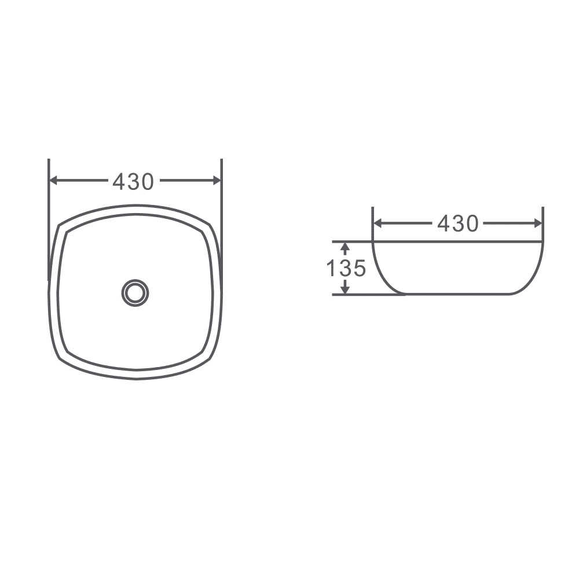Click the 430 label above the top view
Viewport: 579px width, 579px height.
134,181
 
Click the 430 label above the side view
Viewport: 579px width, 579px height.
458,223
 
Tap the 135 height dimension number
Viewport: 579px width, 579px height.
346,269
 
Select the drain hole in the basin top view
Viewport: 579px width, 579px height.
135,292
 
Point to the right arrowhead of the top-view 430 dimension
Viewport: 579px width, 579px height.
217,180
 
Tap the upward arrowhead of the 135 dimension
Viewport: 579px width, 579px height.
345,248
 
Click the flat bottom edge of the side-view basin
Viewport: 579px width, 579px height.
457,294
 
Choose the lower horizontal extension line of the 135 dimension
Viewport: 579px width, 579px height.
359,295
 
